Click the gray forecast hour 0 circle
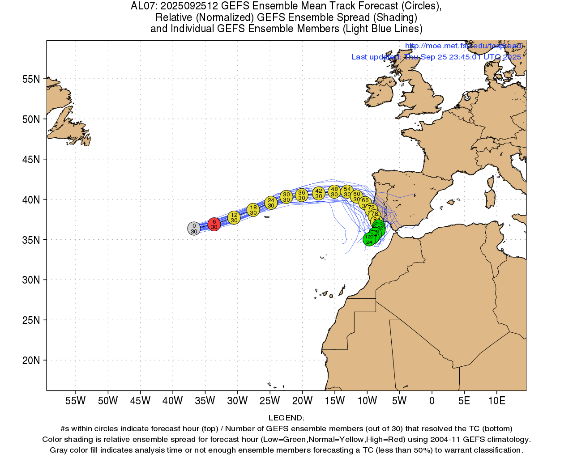click(194, 229)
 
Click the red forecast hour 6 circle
click(214, 224)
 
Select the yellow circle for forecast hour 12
click(234, 218)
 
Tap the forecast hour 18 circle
click(253, 210)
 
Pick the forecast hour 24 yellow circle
click(271, 203)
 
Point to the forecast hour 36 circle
click(302, 195)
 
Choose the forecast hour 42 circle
click(319, 194)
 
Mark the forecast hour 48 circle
click(334, 192)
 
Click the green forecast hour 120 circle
click(369, 239)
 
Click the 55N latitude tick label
click(31, 79)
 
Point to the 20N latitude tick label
click(31, 360)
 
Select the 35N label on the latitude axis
click(31, 240)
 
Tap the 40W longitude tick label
click(172, 401)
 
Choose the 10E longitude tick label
click(496, 401)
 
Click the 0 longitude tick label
click(432, 401)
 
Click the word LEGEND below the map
click(286, 418)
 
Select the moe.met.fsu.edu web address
click(463, 46)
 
